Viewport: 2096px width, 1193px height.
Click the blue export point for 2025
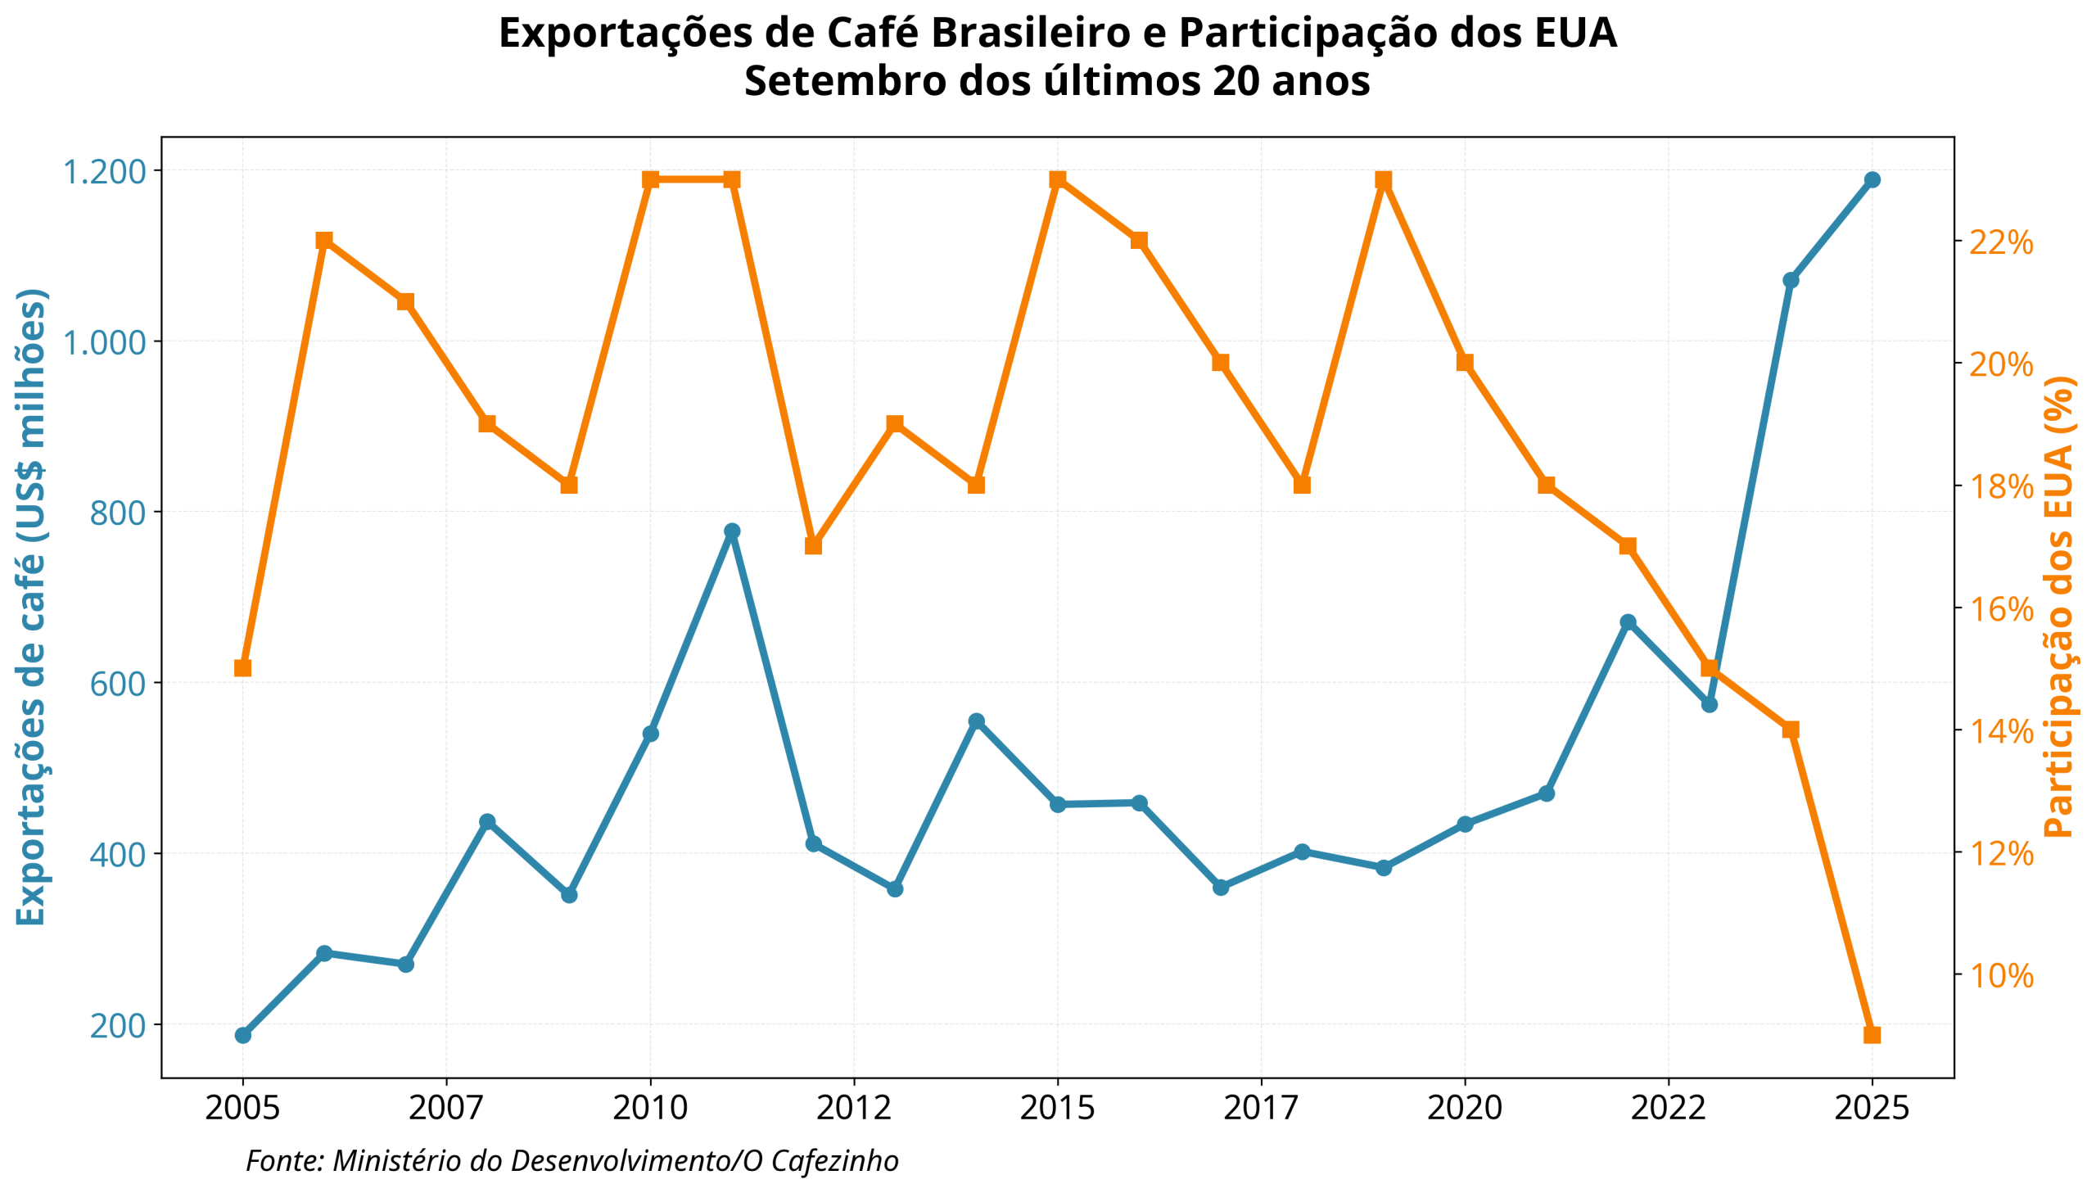[1872, 179]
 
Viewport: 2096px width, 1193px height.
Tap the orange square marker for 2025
[1872, 1035]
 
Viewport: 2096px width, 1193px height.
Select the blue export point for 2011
[732, 531]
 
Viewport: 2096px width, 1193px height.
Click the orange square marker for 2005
[242, 669]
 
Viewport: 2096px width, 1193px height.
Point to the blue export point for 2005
[242, 1035]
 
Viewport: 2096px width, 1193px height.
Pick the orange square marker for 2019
[1384, 179]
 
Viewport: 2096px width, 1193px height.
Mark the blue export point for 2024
[1791, 280]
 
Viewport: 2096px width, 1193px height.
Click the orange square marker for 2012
[813, 545]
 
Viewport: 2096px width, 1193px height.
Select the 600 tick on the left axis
[117, 683]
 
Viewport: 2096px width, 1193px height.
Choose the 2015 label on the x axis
[1058, 1109]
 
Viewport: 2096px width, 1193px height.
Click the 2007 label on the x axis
[446, 1109]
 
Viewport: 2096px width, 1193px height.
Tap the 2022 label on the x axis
[1669, 1109]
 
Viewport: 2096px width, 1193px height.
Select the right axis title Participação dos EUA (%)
[2058, 607]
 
